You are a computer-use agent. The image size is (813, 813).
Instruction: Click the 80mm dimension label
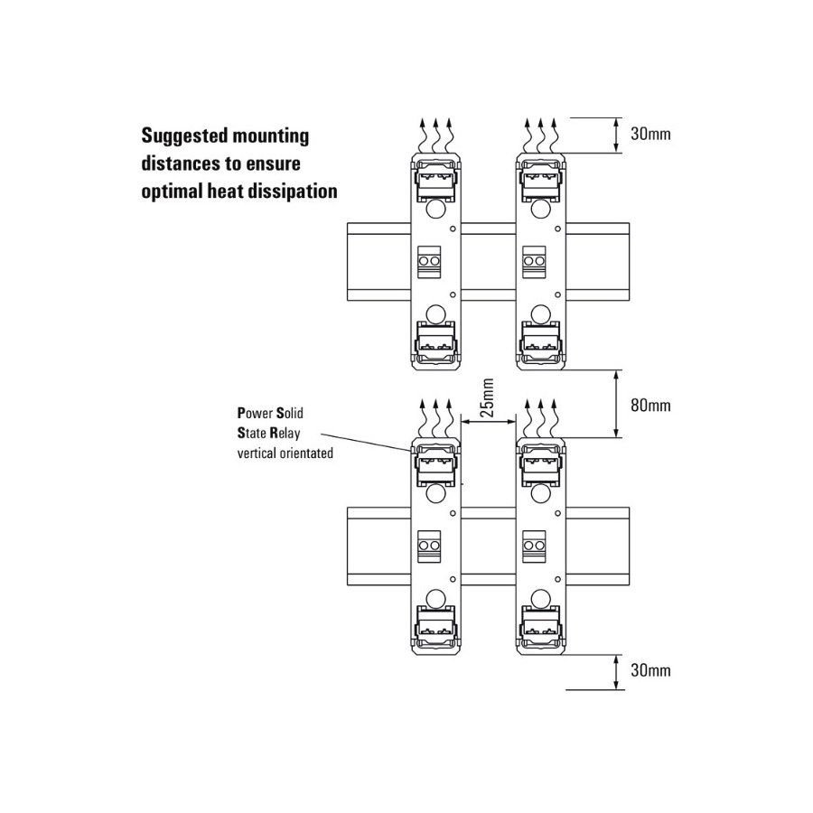coord(650,405)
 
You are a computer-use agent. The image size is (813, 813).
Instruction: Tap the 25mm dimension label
coord(487,397)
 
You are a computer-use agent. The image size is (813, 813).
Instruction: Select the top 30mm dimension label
coord(650,134)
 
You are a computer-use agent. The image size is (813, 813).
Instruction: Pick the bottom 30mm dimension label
coord(650,670)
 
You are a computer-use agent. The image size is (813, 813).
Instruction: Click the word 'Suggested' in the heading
coord(183,136)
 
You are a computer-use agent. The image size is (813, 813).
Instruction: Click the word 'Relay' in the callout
coord(285,433)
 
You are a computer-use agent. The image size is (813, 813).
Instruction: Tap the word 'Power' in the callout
coord(255,413)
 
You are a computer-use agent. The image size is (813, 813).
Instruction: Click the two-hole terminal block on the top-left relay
coord(429,260)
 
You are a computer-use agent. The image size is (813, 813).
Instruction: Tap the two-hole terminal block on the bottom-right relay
coord(534,546)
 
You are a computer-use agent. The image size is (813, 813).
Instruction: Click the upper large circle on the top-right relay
coord(541,209)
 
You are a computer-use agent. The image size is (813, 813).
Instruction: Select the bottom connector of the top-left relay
coord(436,341)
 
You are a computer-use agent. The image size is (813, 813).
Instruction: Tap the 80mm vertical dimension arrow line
coord(616,404)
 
